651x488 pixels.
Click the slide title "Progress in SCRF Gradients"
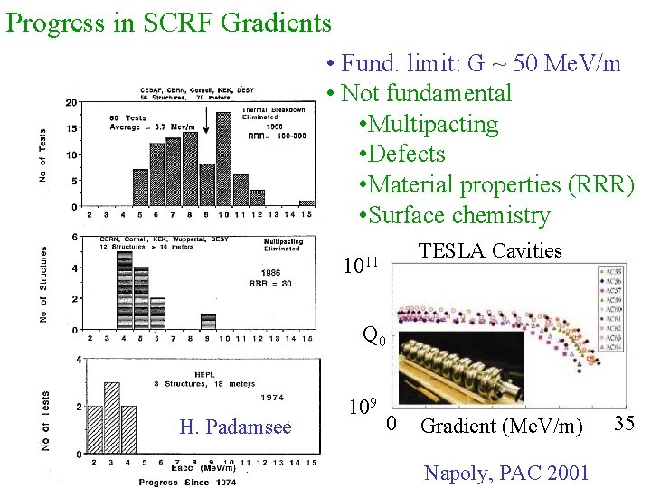point(169,22)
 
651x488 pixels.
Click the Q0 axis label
point(374,336)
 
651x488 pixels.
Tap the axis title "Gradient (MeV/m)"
point(502,425)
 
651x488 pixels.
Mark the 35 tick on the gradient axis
point(625,421)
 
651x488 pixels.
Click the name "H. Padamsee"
point(235,427)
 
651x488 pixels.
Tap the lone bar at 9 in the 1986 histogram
point(208,321)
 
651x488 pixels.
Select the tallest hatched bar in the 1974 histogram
point(111,418)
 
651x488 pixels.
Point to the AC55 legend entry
point(612,271)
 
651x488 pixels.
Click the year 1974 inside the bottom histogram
point(271,397)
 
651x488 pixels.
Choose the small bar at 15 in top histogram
point(307,203)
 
